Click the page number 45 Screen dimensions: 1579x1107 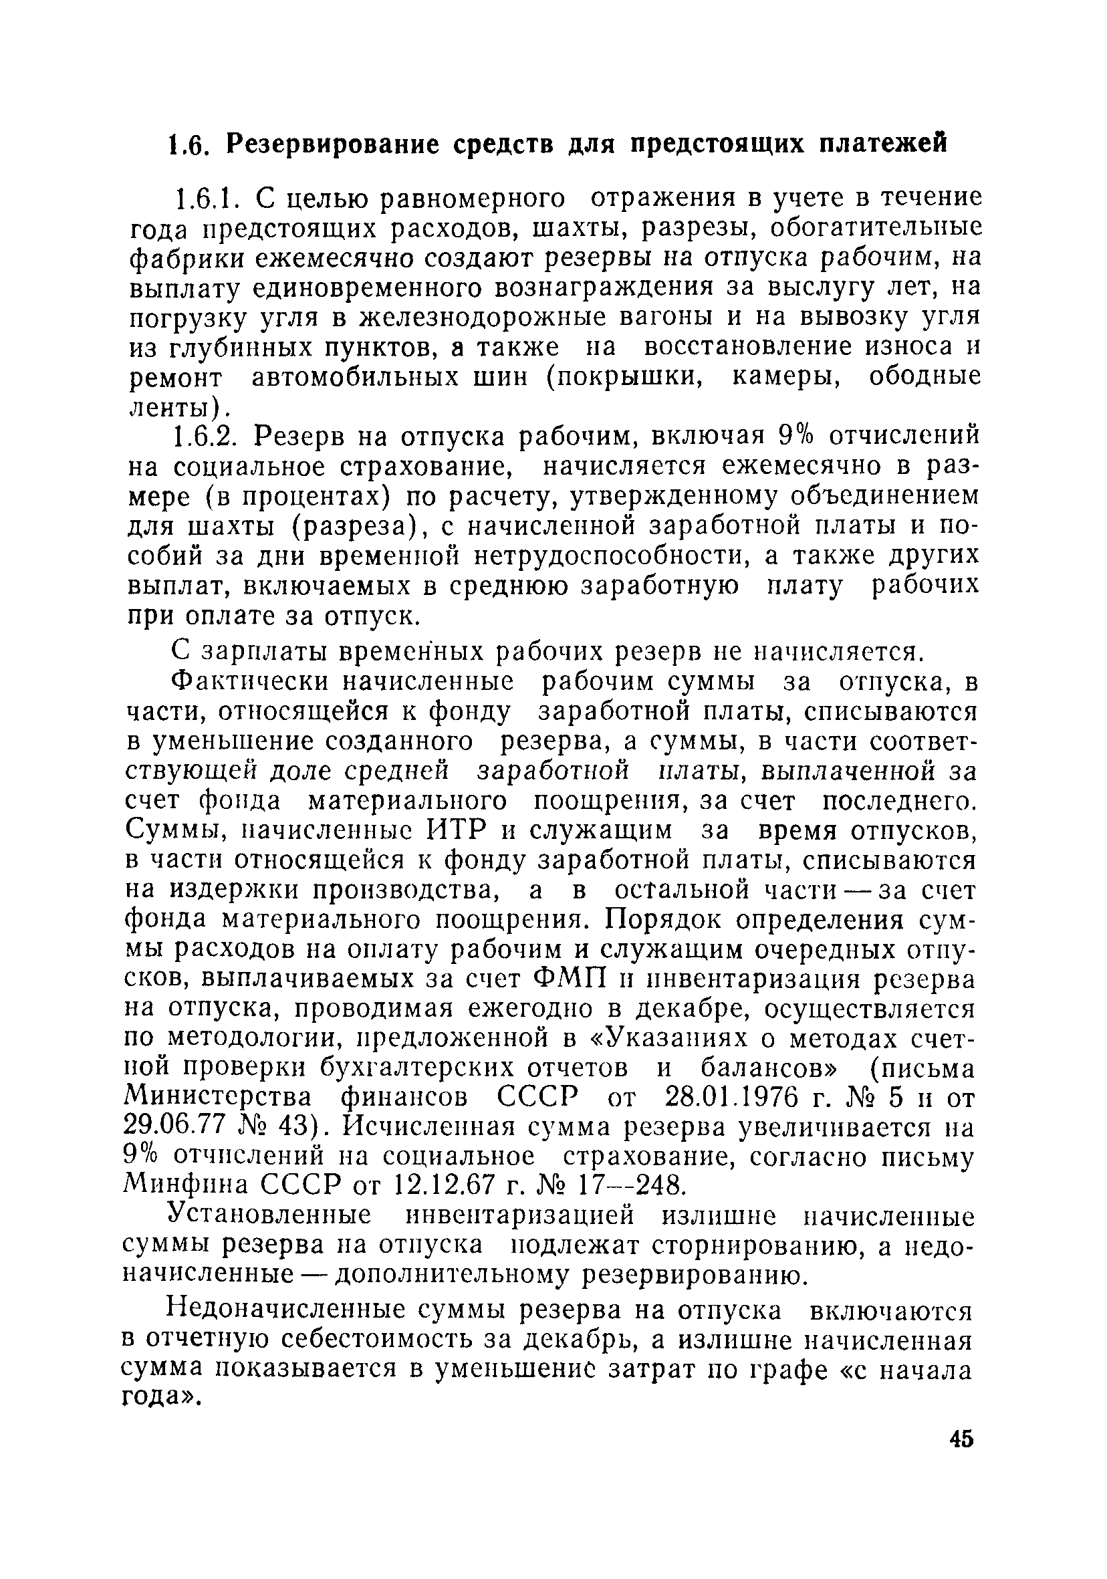961,1438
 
